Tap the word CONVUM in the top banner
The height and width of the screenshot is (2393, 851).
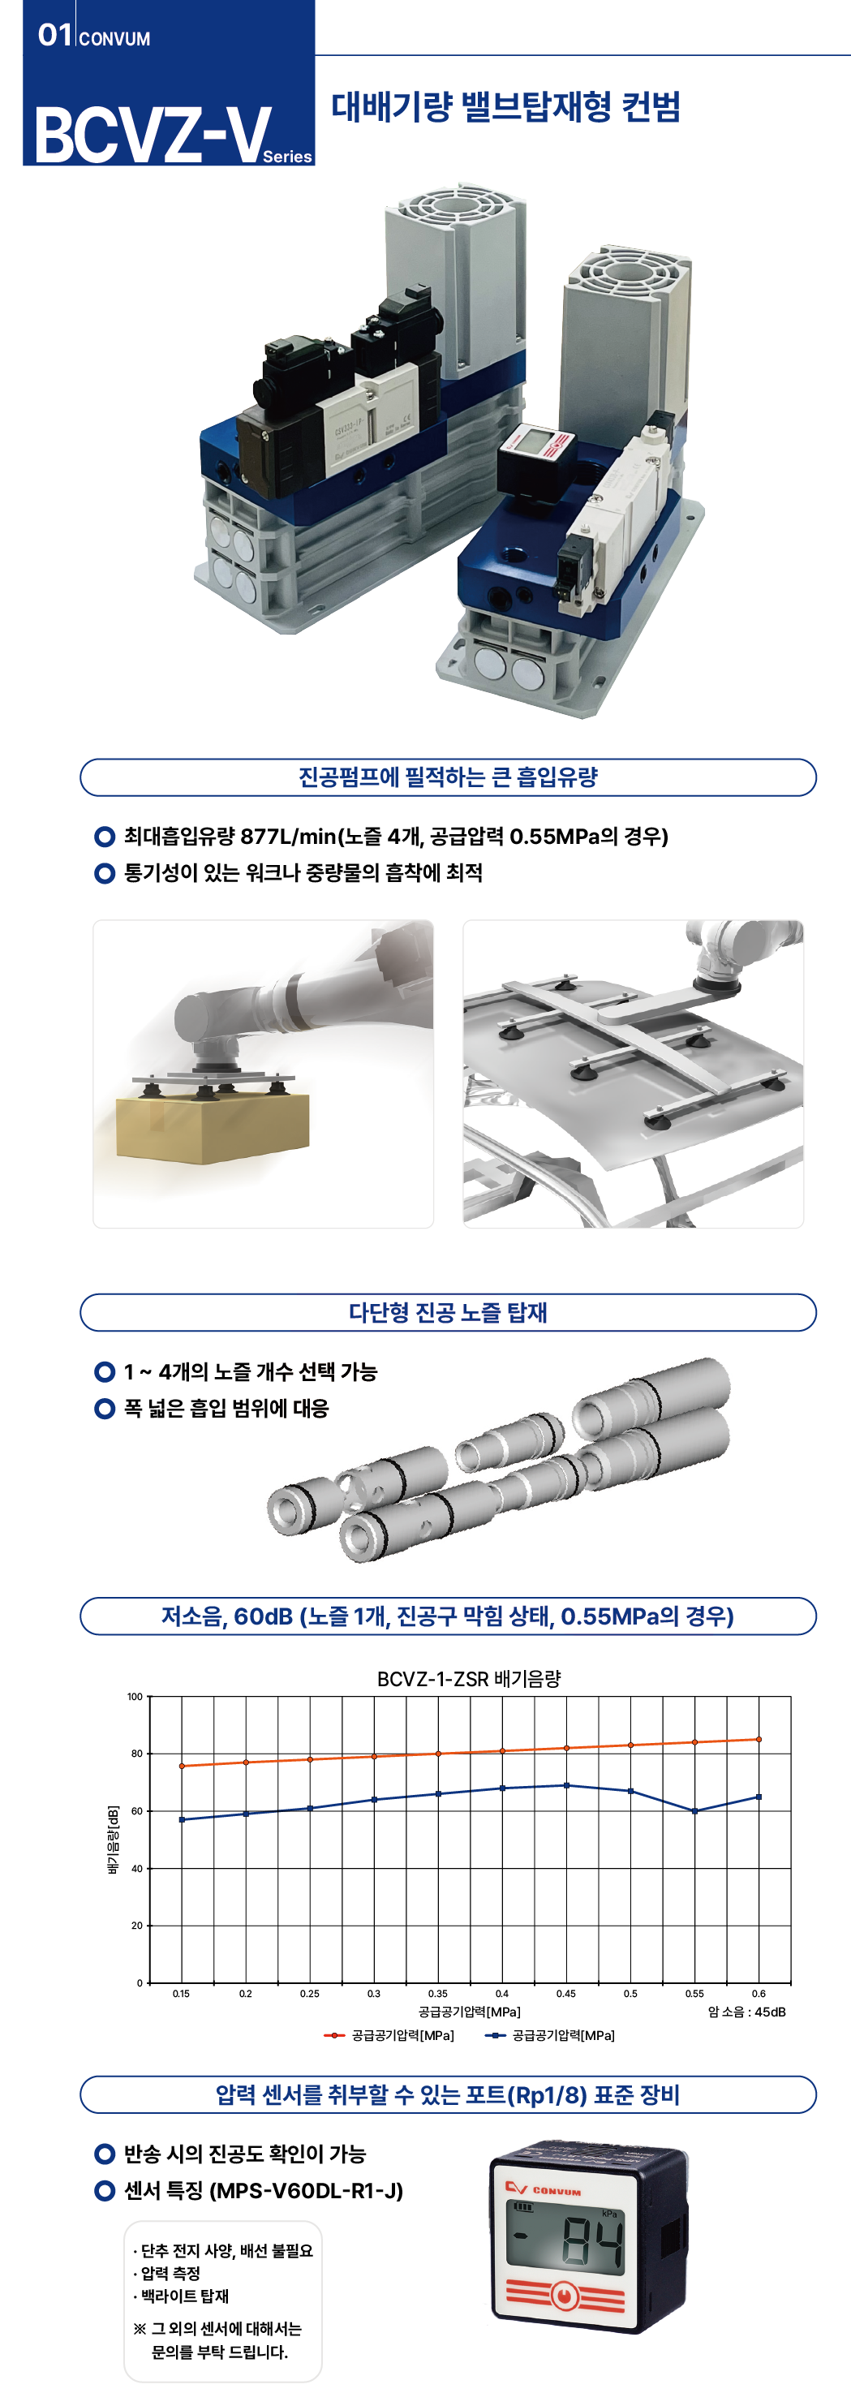114,39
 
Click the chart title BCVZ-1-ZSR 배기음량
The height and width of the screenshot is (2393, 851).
468,1679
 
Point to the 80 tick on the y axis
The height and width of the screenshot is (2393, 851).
136,1754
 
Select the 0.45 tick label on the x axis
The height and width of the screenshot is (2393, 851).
565,1994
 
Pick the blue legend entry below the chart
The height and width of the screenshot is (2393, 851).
549,2035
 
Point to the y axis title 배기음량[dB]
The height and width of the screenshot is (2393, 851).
113,1840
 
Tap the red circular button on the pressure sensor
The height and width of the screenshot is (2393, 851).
563,2296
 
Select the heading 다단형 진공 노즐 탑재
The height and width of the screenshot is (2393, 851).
448,1311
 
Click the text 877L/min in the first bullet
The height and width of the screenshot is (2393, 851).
288,836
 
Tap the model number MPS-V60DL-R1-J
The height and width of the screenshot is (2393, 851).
307,2190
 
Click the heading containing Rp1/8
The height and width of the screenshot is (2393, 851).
448,2095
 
